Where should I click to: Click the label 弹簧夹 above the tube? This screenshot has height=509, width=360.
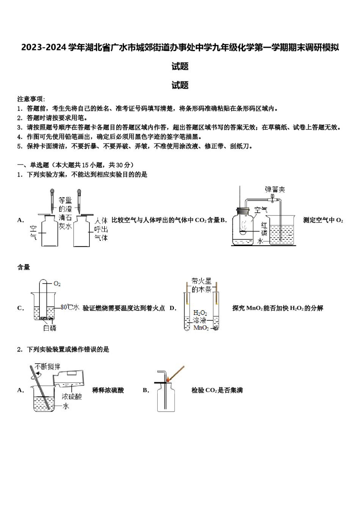click(275, 189)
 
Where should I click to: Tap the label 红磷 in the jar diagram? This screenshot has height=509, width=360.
click(264, 229)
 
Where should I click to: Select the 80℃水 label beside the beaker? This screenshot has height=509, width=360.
click(70, 308)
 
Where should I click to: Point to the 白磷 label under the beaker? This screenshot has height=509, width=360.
click(50, 328)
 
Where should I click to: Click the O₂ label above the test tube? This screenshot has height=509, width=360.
click(57, 284)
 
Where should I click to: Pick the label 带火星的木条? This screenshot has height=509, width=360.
click(201, 286)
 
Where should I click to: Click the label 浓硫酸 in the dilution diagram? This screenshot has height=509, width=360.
click(72, 397)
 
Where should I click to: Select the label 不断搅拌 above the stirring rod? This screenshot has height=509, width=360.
click(47, 366)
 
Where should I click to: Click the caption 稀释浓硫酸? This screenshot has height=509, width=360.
click(108, 390)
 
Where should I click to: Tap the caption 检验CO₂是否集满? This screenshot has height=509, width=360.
click(217, 390)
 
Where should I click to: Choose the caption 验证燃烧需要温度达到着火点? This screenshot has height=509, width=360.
click(124, 308)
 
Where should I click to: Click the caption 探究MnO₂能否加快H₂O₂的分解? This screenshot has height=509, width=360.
click(277, 308)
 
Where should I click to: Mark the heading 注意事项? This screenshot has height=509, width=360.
click(31, 99)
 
